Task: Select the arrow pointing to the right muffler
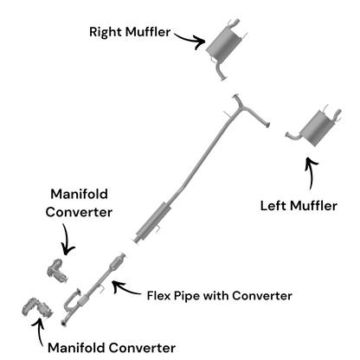tap(186, 36)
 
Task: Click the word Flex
tap(160, 295)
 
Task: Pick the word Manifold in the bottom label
tap(78, 348)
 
